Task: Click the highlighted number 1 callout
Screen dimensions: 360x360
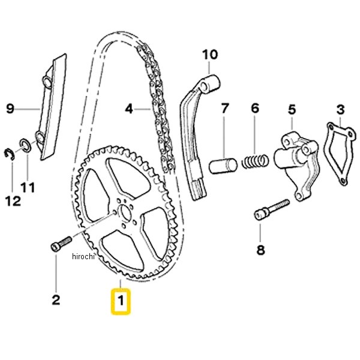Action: coord(121,301)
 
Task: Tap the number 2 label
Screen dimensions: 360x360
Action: coord(56,300)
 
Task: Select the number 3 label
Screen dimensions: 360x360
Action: coord(340,110)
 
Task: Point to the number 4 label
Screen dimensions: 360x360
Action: coord(129,109)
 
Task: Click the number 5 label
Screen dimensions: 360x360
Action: coord(292,110)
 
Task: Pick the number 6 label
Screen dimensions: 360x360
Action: coord(255,108)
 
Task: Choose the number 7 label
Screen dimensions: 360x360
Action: coord(225,108)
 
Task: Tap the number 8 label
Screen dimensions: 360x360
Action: coord(260,250)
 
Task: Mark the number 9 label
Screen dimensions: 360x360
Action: coord(10,109)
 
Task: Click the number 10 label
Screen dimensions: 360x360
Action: coord(210,55)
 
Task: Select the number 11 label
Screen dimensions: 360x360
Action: coord(28,187)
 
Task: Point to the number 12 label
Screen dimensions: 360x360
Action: coord(13,201)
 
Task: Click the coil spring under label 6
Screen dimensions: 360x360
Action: coord(255,161)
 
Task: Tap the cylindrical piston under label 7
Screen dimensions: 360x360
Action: coord(223,166)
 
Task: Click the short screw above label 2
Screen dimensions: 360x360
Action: coord(61,244)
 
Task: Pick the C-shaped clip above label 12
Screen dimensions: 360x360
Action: coord(10,154)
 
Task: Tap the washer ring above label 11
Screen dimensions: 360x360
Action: coord(25,145)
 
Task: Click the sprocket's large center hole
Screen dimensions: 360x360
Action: coord(125,213)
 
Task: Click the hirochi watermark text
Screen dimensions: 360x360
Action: coord(83,256)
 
